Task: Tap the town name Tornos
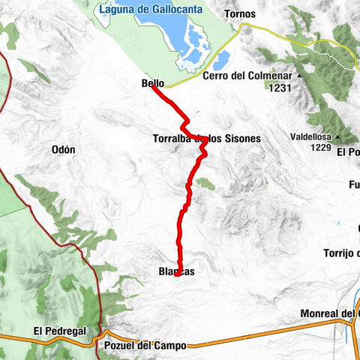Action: click(x=239, y=14)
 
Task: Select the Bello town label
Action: click(x=152, y=84)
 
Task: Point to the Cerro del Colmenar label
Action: click(x=248, y=76)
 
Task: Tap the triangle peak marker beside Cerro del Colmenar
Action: click(x=298, y=76)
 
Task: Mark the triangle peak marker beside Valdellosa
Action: click(x=337, y=137)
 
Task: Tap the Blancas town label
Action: click(x=176, y=272)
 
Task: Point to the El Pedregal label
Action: click(x=60, y=331)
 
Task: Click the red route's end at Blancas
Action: click(x=175, y=275)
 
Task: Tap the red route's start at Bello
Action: click(x=153, y=86)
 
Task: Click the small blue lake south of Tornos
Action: click(x=222, y=59)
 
